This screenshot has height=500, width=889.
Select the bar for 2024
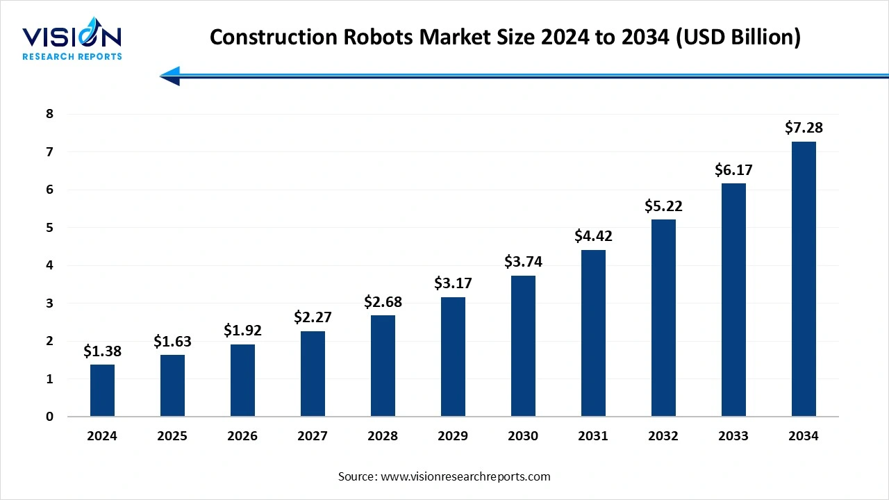(102, 390)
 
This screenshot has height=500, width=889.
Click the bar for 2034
(804, 279)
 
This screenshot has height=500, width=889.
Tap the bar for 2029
(453, 357)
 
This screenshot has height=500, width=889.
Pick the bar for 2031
(593, 333)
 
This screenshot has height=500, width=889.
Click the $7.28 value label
(804, 128)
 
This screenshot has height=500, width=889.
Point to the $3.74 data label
(523, 262)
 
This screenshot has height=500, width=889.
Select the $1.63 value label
(172, 341)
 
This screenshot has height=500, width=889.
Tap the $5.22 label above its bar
(663, 206)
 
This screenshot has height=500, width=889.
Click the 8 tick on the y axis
(49, 114)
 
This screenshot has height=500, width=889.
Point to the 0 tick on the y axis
(49, 417)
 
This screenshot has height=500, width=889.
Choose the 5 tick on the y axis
(49, 228)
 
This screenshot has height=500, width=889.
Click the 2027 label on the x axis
(313, 436)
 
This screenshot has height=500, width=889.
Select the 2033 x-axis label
(733, 436)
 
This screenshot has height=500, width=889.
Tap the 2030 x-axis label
(523, 436)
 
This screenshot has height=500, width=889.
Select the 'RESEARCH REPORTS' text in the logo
(72, 56)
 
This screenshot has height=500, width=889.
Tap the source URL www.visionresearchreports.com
(465, 476)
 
